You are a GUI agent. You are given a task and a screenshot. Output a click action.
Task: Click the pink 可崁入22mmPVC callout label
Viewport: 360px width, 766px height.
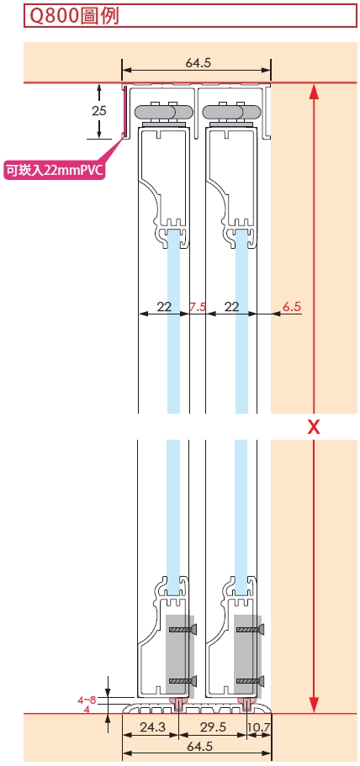click(x=55, y=171)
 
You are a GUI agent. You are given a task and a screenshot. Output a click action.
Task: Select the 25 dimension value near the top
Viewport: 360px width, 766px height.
click(x=98, y=111)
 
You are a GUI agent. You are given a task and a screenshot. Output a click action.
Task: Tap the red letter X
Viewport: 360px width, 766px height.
click(x=314, y=427)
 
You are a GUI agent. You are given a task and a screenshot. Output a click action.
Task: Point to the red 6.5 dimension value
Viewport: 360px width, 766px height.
click(x=292, y=307)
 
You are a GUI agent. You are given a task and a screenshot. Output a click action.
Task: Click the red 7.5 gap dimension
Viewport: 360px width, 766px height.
click(x=198, y=307)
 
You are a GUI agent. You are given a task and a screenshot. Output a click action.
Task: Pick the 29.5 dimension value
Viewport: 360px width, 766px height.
click(x=214, y=727)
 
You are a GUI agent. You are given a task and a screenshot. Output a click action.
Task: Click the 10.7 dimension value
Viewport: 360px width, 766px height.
click(x=259, y=727)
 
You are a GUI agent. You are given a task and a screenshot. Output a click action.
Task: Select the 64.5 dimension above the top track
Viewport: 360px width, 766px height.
click(x=198, y=63)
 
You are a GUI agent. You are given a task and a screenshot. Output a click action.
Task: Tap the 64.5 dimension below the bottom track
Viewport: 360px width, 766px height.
click(x=198, y=747)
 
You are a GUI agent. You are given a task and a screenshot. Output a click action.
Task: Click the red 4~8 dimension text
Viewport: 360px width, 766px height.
click(x=87, y=700)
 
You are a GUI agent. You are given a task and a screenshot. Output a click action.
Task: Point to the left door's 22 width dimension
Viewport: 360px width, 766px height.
click(x=164, y=307)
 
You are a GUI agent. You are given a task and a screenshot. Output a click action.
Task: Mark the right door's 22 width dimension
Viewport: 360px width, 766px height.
click(x=232, y=307)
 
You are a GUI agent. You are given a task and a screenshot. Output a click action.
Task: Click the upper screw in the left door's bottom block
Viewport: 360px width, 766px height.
click(x=183, y=630)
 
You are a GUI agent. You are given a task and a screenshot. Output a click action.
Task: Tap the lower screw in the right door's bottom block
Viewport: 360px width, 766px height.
click(x=251, y=680)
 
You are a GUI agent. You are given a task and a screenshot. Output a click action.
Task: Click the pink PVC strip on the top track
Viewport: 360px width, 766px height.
click(x=124, y=111)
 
